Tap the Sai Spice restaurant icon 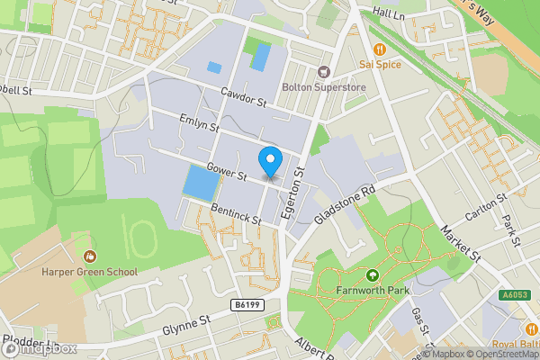(x=379, y=49)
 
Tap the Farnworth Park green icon (x=371, y=275)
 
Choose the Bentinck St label (x=231, y=215)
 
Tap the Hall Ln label (x=390, y=15)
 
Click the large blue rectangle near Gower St (x=201, y=184)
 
